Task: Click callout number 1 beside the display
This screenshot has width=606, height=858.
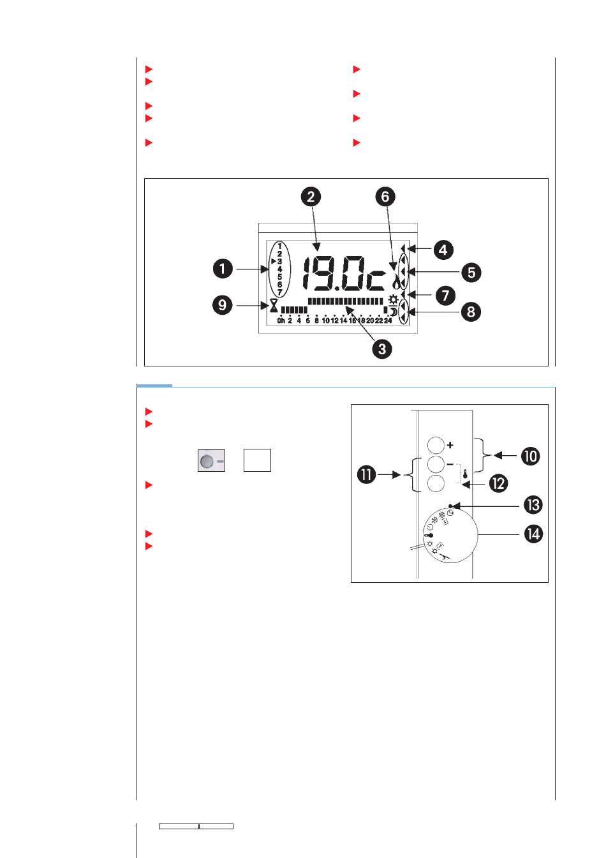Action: pyautogui.click(x=223, y=269)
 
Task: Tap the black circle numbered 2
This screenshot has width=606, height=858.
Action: pyautogui.click(x=311, y=197)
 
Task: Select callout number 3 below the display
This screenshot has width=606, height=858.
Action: pyautogui.click(x=382, y=349)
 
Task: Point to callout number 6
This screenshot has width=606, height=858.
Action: pyautogui.click(x=385, y=197)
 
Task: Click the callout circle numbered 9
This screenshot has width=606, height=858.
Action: pyautogui.click(x=223, y=305)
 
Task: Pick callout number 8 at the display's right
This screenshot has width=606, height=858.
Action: pyautogui.click(x=471, y=312)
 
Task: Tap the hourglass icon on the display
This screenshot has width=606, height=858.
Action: pyautogui.click(x=274, y=306)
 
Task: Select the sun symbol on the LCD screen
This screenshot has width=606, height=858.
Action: pyautogui.click(x=393, y=299)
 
